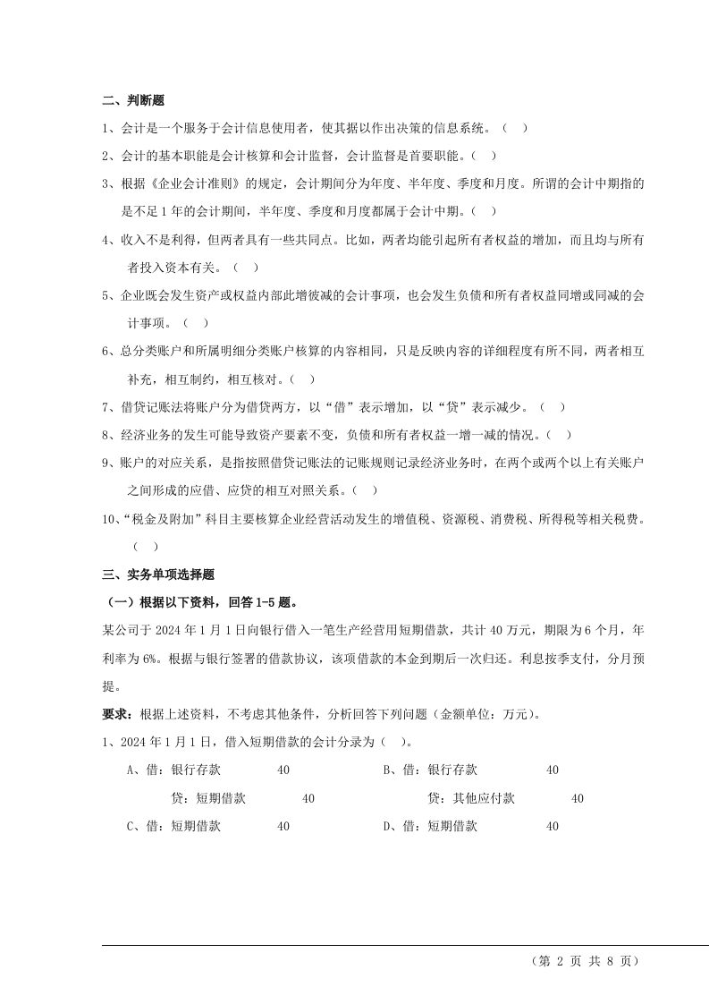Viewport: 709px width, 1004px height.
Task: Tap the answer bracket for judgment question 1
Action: pos(515,128)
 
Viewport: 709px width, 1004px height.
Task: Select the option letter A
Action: pos(131,770)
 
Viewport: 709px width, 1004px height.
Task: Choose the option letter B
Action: pos(388,770)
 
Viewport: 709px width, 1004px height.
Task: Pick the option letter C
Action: pos(131,827)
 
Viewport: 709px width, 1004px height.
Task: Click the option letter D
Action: pos(388,827)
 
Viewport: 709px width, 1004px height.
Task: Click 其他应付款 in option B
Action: pos(484,798)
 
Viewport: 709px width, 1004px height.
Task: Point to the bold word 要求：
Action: pos(115,714)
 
